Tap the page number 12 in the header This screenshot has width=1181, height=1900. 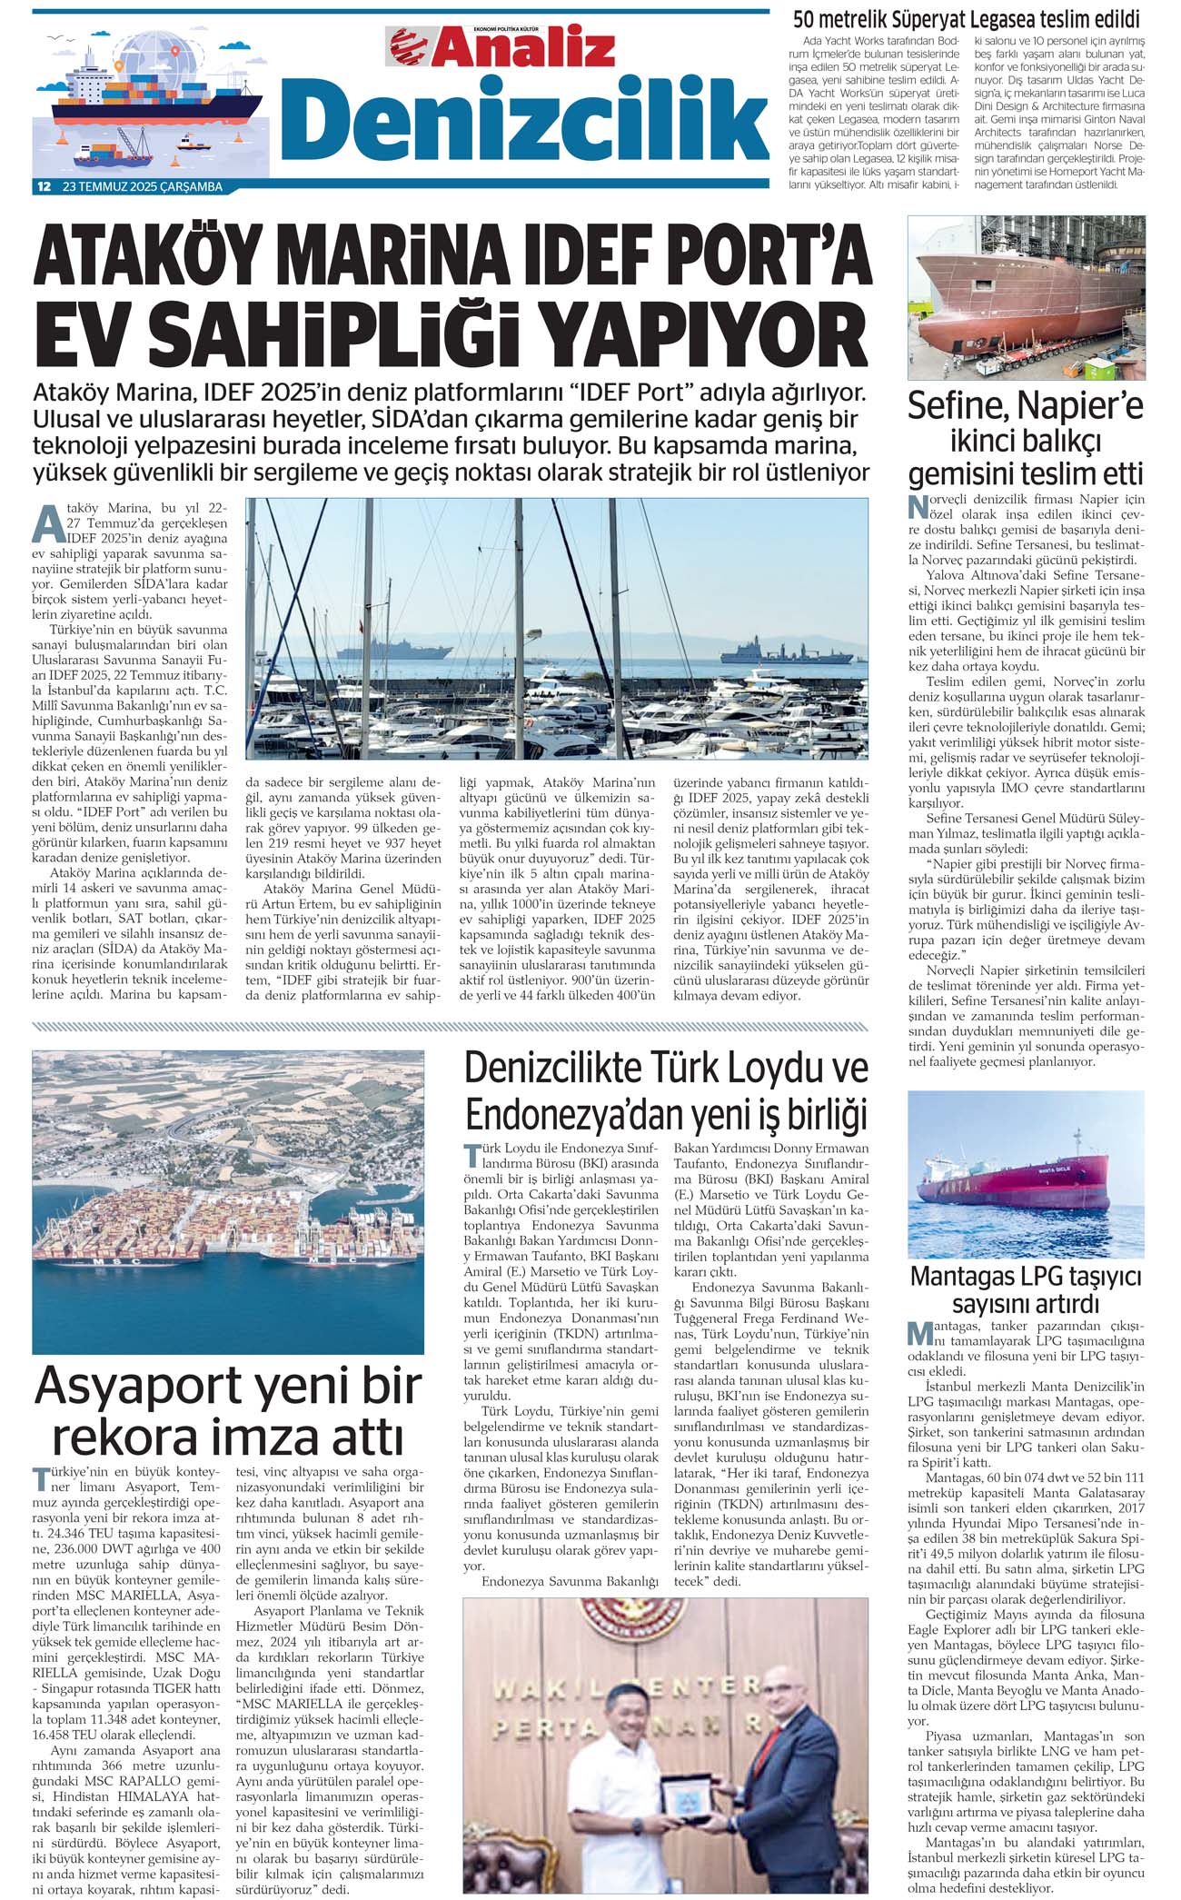pos(43,187)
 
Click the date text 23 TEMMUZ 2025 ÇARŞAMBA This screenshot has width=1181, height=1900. pos(143,187)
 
